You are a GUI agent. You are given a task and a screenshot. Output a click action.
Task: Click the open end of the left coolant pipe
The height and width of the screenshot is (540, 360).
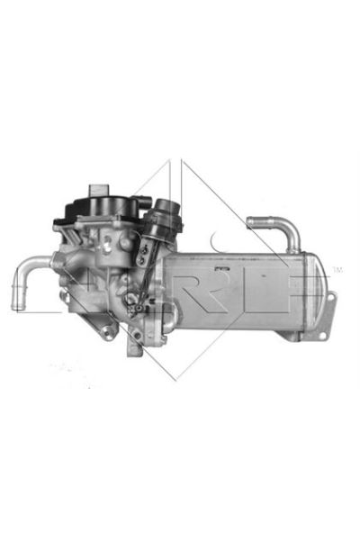(x=17, y=301)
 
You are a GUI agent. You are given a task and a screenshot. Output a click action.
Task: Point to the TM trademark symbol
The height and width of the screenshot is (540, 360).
(x=337, y=269)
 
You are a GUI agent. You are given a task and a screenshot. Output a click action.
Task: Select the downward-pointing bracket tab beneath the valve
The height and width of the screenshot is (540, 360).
(x=135, y=346)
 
